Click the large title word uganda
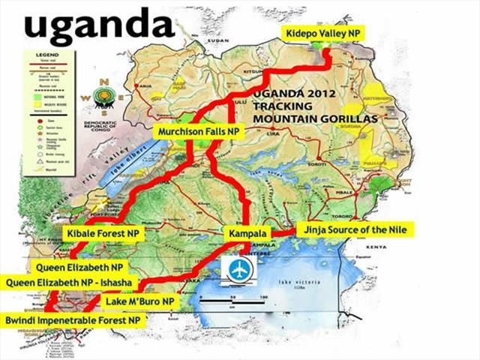point(98,25)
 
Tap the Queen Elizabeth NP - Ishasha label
point(68,282)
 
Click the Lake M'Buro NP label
point(140,301)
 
